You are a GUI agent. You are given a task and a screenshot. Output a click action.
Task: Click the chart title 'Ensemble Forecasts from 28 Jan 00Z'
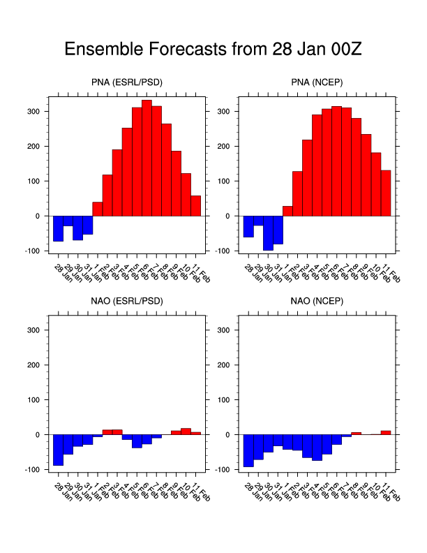tap(213, 50)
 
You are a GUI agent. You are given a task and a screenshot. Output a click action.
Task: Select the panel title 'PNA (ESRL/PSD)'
tap(127, 83)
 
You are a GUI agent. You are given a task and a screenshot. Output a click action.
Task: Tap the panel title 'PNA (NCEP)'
tap(317, 83)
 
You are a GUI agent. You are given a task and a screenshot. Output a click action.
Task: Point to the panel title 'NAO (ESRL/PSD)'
tap(127, 302)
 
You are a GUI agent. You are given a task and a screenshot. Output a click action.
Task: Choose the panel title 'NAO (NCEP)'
tap(317, 302)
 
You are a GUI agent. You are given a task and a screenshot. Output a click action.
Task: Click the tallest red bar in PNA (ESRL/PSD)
tap(147, 158)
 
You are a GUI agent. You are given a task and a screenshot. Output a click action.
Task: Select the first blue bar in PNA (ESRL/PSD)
tap(58, 228)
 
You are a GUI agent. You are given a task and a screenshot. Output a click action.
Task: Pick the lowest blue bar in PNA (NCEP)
tap(268, 233)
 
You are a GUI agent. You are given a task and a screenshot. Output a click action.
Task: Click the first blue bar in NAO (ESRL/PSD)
tap(58, 450)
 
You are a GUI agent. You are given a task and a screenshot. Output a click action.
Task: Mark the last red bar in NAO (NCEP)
tap(386, 433)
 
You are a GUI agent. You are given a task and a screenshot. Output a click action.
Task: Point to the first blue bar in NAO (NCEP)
tap(248, 450)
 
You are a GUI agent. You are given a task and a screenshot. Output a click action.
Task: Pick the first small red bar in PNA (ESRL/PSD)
tap(98, 209)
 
